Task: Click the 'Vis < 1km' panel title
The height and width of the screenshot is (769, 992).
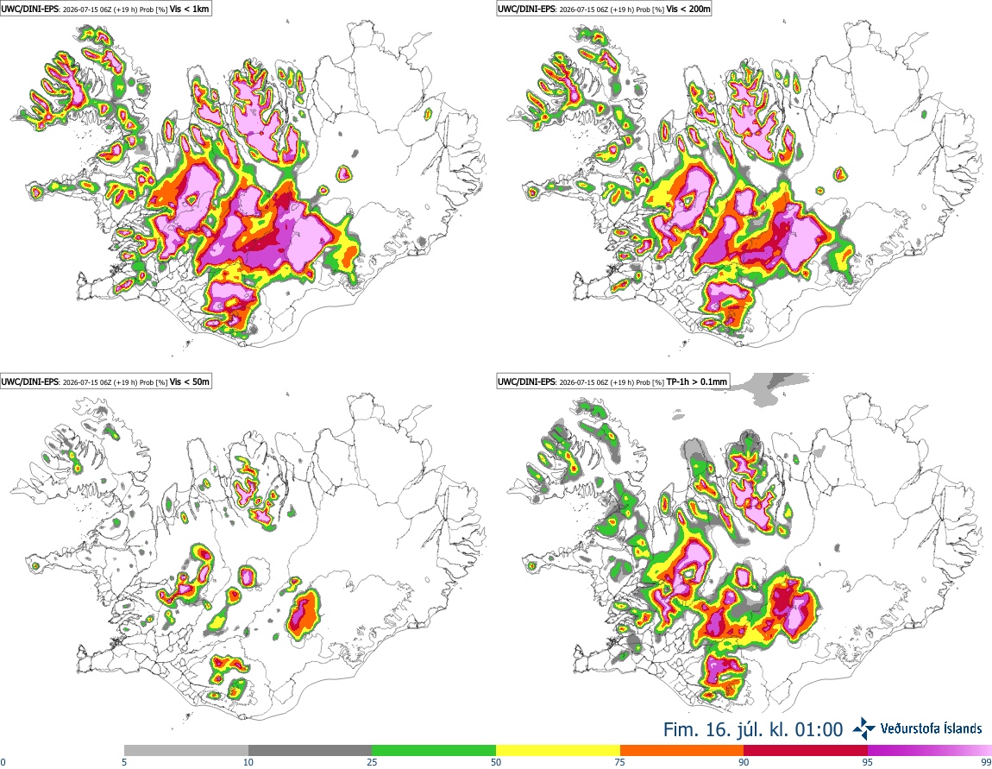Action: point(190,9)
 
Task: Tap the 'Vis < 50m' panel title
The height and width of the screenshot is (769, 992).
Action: point(190,381)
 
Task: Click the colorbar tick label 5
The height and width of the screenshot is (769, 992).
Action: point(124,762)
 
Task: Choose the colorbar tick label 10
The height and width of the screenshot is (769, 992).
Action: point(248,762)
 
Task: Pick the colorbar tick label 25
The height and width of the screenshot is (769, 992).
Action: point(372,762)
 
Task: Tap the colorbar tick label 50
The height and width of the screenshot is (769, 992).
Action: point(496,762)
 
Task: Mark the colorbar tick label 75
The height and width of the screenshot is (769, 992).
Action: point(620,762)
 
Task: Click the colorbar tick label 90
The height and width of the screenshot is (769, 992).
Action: point(744,762)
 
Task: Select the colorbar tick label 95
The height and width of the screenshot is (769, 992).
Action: point(868,762)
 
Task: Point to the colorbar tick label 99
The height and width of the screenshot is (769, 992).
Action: point(986,762)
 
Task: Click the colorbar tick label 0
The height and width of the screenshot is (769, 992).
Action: point(3,762)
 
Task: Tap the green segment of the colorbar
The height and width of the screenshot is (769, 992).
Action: point(434,751)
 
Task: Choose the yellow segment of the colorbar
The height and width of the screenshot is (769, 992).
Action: point(558,751)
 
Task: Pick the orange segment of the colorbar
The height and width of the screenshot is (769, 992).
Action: point(682,751)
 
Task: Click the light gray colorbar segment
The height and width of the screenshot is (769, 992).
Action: point(186,751)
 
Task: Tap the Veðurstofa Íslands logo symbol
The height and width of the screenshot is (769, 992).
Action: point(863,728)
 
